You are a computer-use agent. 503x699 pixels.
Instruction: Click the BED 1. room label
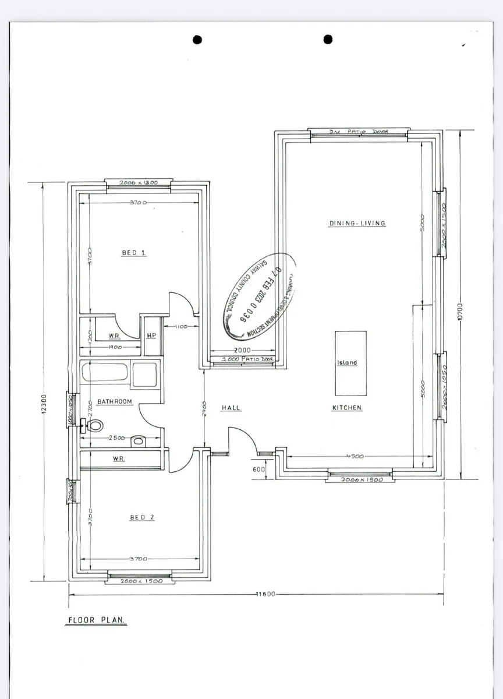[134, 253]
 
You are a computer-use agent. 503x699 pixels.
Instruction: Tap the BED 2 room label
[142, 517]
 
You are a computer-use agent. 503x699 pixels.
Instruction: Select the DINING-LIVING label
[357, 223]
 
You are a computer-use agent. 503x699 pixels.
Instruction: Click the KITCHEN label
[348, 408]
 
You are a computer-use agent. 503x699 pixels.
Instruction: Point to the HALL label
[231, 408]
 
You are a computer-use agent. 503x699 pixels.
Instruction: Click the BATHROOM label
[114, 402]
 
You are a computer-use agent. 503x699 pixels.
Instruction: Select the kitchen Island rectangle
[350, 363]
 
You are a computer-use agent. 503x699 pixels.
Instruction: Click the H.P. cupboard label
[151, 336]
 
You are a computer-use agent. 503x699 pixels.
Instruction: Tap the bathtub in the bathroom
[105, 373]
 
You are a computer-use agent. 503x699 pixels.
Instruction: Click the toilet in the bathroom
[94, 426]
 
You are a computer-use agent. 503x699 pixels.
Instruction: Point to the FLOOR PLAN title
[95, 621]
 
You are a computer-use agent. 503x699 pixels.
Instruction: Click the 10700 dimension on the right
[460, 312]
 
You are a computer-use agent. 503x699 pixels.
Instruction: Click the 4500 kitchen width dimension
[354, 457]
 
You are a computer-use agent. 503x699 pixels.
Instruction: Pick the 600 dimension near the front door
[260, 469]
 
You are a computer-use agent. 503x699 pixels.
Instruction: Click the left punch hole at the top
[197, 40]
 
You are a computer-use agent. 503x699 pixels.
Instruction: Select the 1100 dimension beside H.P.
[180, 327]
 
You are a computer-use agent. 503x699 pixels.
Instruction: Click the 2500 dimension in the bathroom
[118, 438]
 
